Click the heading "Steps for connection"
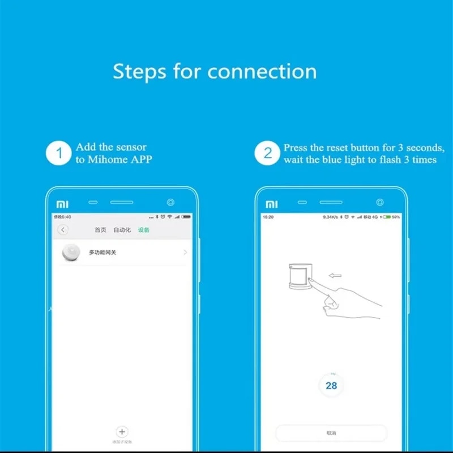coord(215,72)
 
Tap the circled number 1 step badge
coord(59,153)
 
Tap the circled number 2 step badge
coord(268,153)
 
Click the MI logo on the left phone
coord(62,203)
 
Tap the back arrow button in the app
coord(63,229)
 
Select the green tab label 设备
coord(144,230)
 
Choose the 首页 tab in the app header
coord(100,230)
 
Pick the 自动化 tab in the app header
coord(122,230)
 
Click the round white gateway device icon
coord(71,253)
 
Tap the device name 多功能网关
coord(102,253)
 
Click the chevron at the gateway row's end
coord(185,253)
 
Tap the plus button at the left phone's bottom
coord(122,431)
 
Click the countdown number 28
coord(331,386)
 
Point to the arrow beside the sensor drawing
coord(335,276)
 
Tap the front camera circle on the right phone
coord(380,202)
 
